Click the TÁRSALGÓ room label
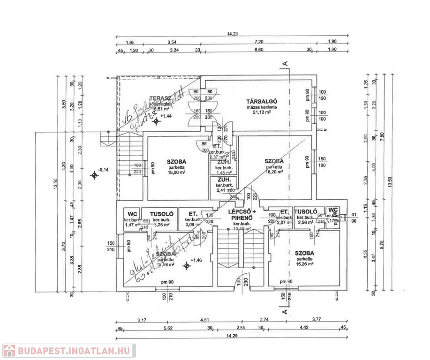coord(263,101)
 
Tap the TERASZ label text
coord(159,98)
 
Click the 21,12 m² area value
coord(263,112)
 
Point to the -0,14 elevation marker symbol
coord(95,175)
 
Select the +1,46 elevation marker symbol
coord(187,266)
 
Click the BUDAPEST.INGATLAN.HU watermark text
coord(75,351)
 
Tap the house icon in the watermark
coord(9,351)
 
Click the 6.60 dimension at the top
coord(258,49)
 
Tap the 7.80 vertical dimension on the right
coord(383,136)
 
